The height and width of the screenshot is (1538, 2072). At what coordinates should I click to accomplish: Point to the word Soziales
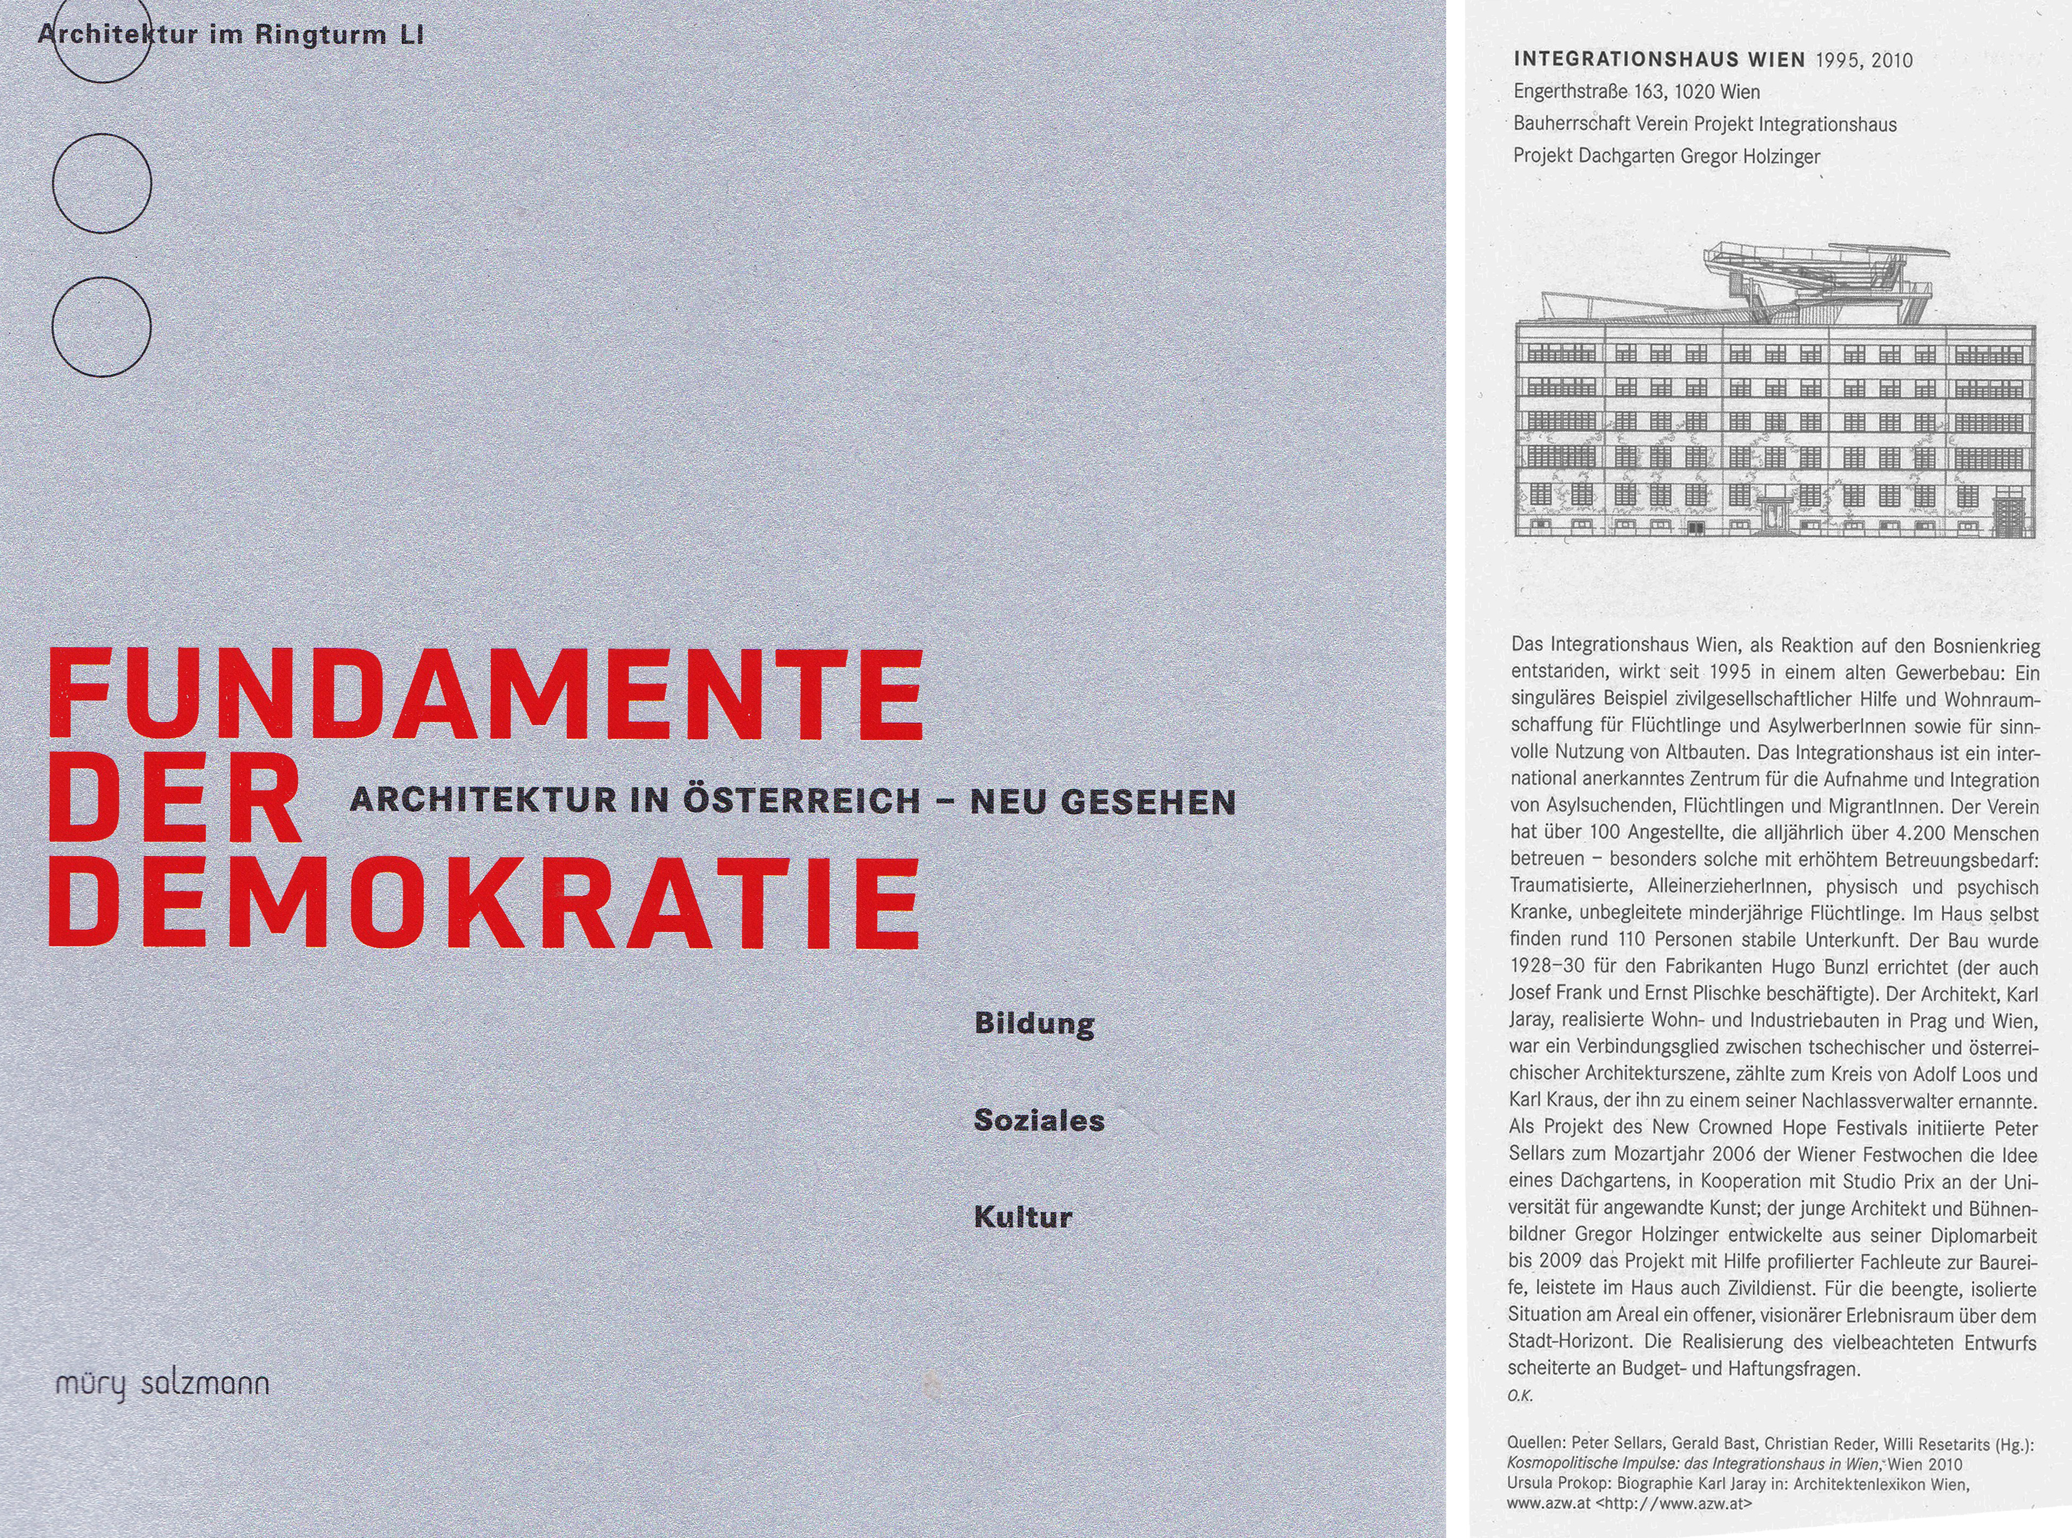point(1039,1121)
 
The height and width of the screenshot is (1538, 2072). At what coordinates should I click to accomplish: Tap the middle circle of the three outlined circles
point(102,183)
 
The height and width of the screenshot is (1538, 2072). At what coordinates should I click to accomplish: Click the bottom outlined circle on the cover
point(102,327)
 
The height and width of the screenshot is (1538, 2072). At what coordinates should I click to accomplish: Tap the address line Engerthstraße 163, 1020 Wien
point(1636,92)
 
